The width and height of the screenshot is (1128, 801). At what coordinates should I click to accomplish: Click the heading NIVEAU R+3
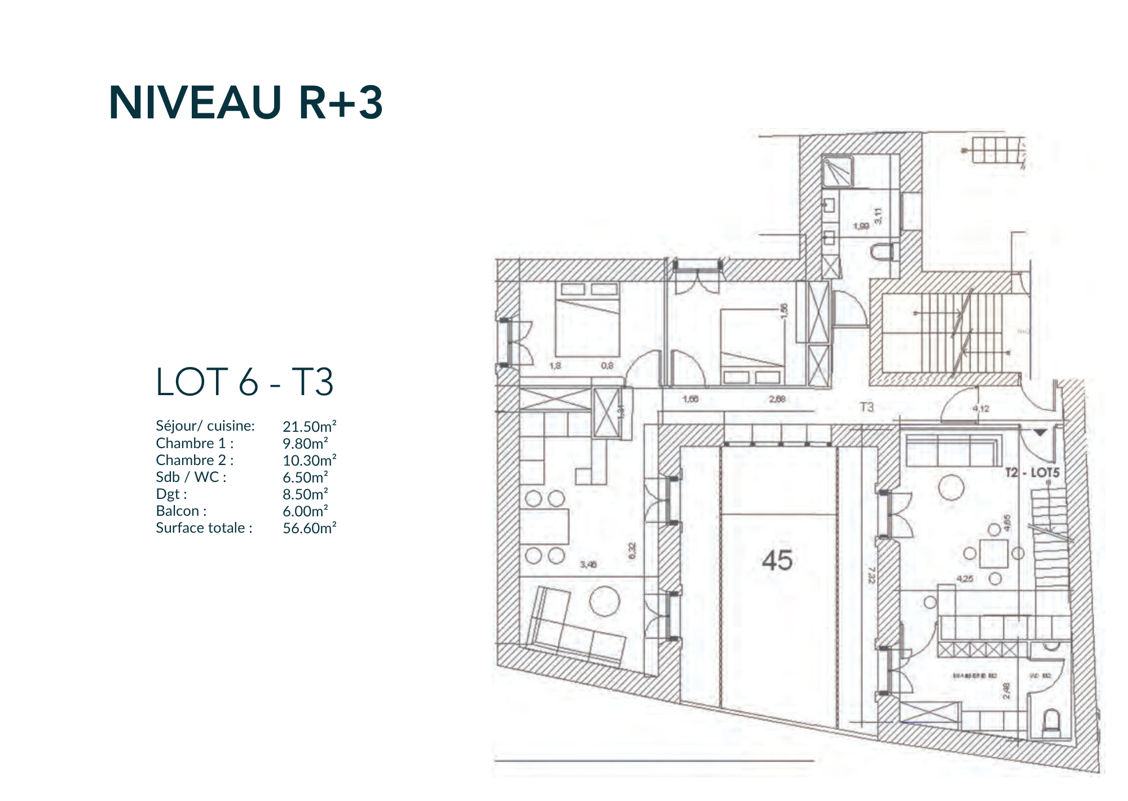click(x=245, y=103)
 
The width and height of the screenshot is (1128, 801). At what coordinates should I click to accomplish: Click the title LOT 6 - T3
click(x=244, y=382)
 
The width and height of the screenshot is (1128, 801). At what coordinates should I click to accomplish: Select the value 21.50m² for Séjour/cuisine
click(x=309, y=427)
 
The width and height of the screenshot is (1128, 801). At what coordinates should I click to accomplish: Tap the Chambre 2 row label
click(x=195, y=460)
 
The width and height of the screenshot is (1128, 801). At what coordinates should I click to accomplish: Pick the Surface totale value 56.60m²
click(x=309, y=528)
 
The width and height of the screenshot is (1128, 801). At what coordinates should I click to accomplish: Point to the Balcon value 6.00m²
click(x=305, y=511)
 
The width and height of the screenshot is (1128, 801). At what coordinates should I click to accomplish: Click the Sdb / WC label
click(x=191, y=477)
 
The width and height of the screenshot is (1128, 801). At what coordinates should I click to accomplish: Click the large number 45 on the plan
click(x=777, y=560)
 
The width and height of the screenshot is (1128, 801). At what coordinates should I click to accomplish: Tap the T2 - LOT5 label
click(x=1032, y=472)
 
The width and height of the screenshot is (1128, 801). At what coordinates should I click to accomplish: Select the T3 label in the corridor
click(x=866, y=406)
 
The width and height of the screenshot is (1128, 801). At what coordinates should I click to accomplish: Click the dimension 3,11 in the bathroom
click(x=878, y=216)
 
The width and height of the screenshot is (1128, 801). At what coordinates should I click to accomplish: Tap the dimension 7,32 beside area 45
click(x=871, y=575)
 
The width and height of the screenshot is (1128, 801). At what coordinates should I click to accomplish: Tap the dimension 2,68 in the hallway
click(x=777, y=399)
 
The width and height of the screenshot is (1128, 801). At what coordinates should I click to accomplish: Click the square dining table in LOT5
click(x=994, y=553)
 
